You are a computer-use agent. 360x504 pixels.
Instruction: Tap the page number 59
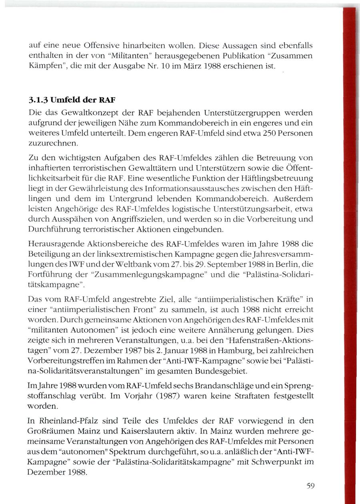[x=311, y=486]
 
